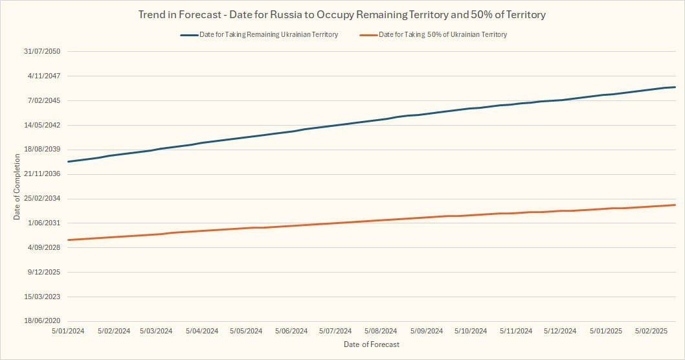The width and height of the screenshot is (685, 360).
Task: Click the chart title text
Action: point(342,14)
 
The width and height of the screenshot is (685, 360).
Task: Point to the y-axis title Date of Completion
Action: point(17,187)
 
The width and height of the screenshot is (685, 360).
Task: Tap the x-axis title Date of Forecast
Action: point(372,344)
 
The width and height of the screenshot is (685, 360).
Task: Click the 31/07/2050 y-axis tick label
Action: point(42,51)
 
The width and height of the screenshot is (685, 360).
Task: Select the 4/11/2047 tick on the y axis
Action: point(44,76)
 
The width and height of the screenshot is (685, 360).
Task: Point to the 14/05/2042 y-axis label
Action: point(42,125)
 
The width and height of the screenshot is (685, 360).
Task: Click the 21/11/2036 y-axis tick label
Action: point(42,174)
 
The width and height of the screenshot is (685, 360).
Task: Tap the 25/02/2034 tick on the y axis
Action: point(42,199)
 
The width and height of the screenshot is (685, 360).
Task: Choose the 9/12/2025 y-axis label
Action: point(44,272)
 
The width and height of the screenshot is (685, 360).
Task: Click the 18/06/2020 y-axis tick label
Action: point(42,321)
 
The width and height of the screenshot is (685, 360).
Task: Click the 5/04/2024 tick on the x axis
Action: point(201,331)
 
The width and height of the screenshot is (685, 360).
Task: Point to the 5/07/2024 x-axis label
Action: point(335,331)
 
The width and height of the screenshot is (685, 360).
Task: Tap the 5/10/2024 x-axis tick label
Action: point(470,331)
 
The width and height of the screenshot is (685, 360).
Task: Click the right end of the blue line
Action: point(675,87)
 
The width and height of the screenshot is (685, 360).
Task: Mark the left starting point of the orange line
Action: point(68,240)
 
